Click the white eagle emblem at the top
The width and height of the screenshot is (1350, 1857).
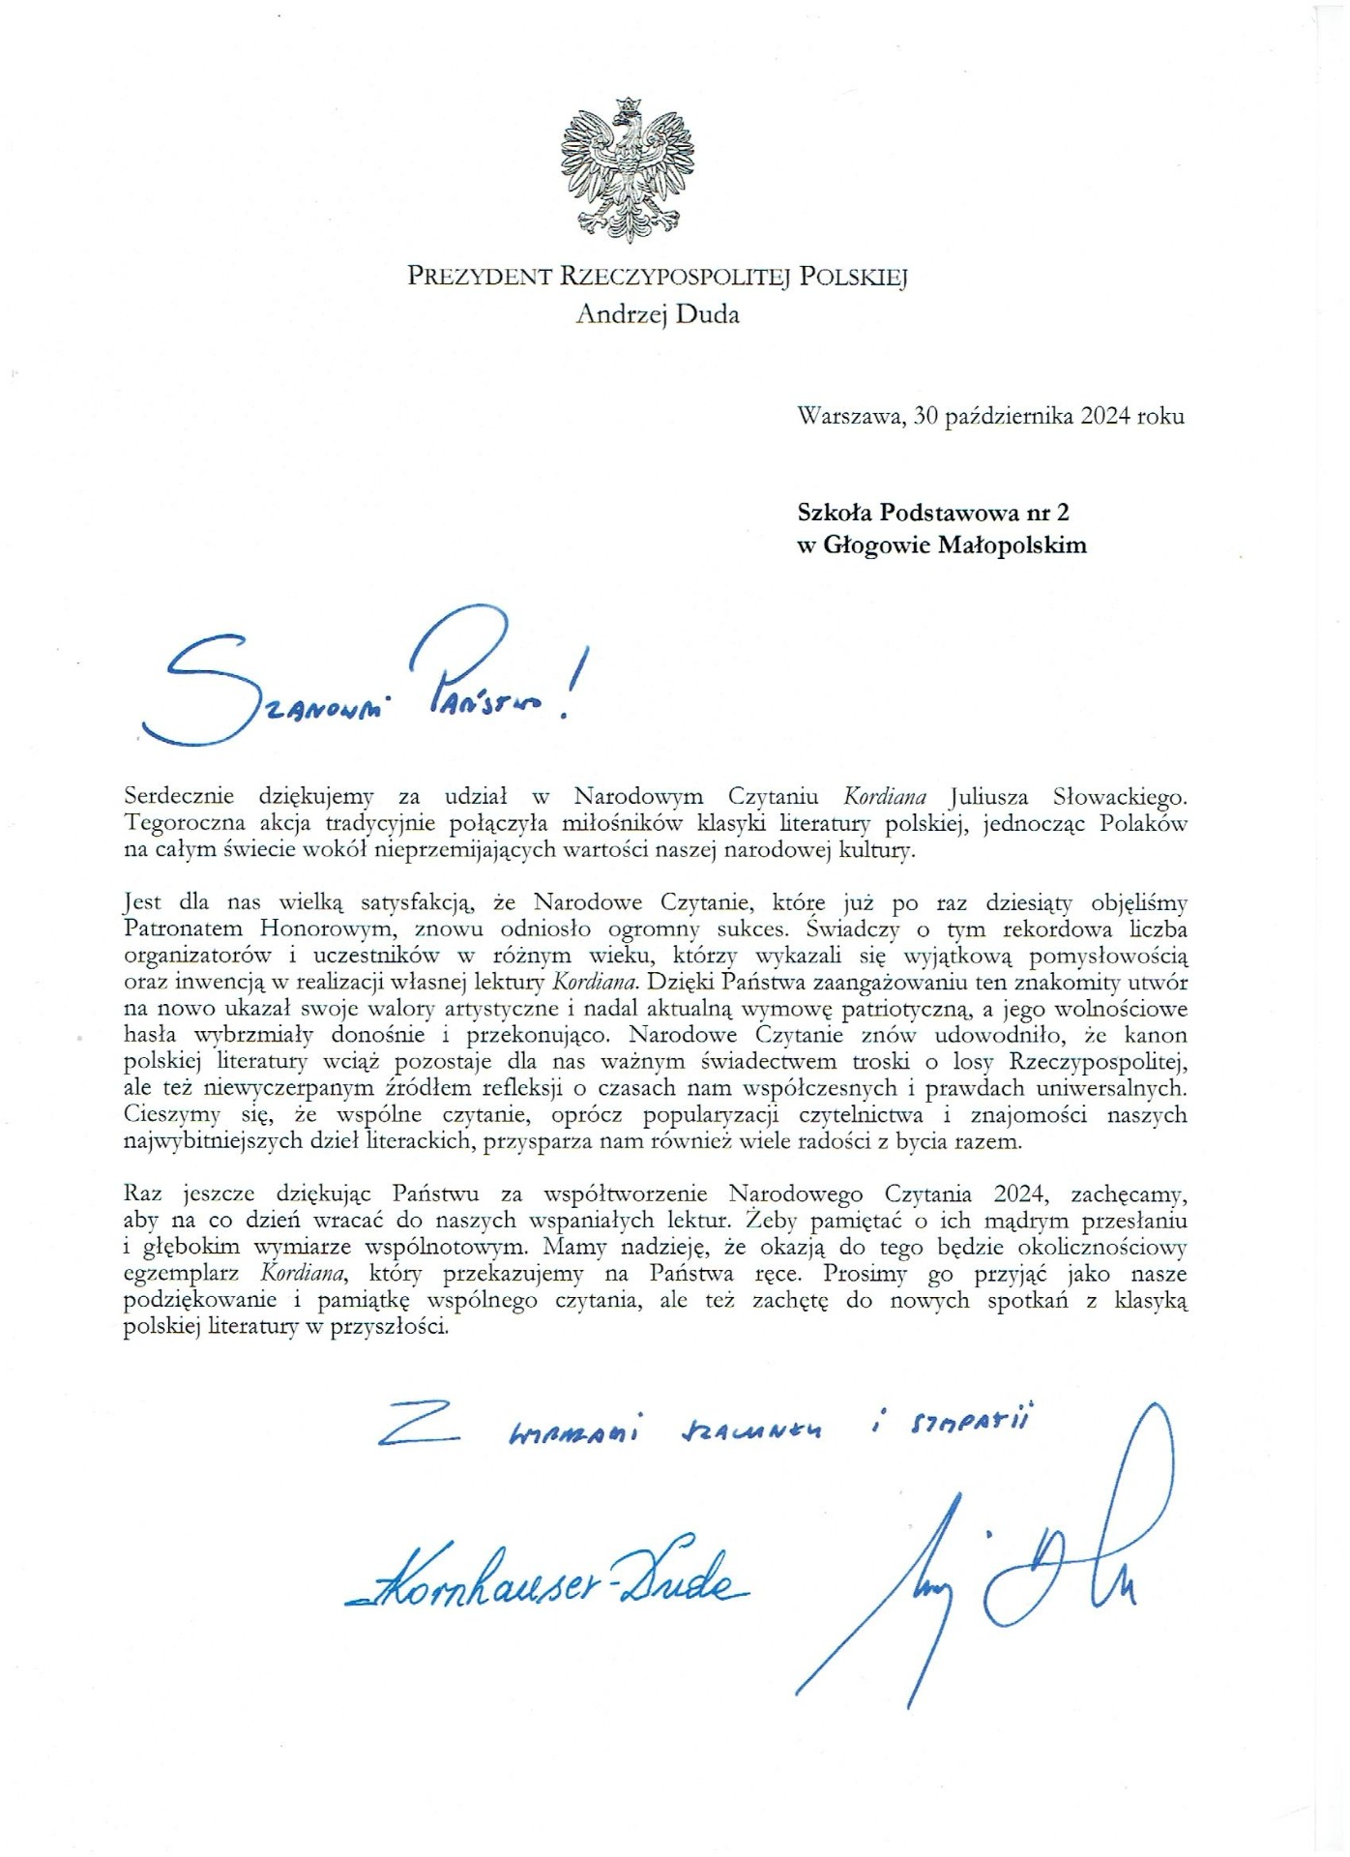click(x=628, y=170)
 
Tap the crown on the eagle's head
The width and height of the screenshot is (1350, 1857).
click(x=630, y=103)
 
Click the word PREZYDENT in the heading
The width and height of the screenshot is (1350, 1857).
click(x=479, y=278)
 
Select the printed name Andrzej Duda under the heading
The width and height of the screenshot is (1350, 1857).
click(x=657, y=313)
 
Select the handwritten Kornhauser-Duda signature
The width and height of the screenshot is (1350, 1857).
click(x=546, y=1582)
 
